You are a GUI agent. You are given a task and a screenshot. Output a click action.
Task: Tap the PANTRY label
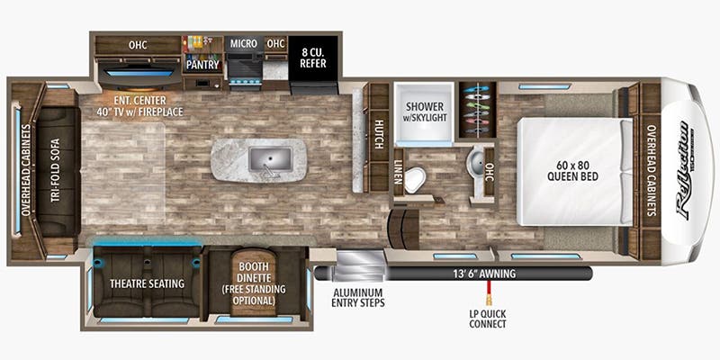click(x=203, y=65)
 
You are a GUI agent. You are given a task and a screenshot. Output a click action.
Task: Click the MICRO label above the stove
click(x=243, y=43)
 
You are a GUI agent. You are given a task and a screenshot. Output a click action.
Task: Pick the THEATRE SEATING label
click(x=148, y=283)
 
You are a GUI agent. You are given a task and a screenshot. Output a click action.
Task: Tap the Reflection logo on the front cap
click(x=688, y=170)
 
